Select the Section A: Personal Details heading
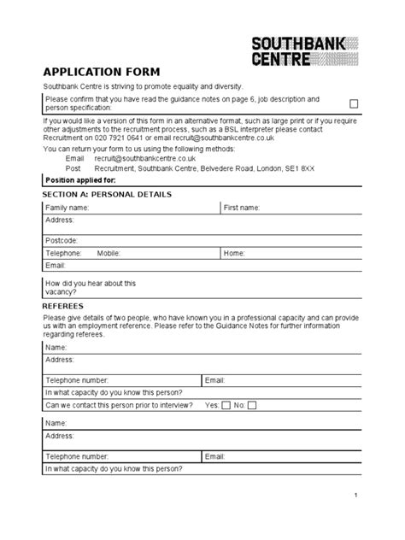[x=107, y=195]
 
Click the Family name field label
[x=66, y=208]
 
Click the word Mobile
[x=109, y=254]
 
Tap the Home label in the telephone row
[x=234, y=254]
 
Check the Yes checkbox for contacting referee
[x=226, y=405]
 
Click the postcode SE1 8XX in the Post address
[x=299, y=168]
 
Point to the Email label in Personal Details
[x=56, y=266]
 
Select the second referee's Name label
[x=56, y=423]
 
